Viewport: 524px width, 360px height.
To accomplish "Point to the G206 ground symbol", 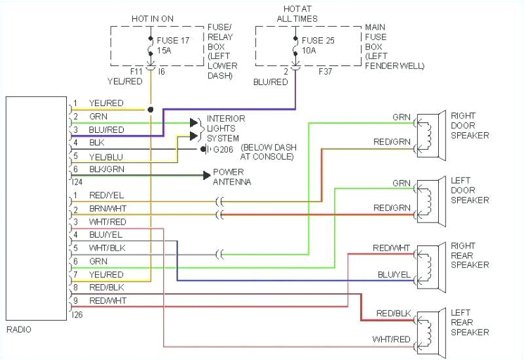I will click(x=204, y=149).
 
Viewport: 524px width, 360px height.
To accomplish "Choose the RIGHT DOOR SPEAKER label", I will click(x=469, y=125).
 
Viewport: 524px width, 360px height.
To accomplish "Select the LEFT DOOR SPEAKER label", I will click(x=469, y=190).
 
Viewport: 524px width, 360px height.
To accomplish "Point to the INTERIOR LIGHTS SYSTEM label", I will click(x=225, y=128).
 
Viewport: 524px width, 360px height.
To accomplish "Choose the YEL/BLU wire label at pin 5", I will click(x=105, y=156).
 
